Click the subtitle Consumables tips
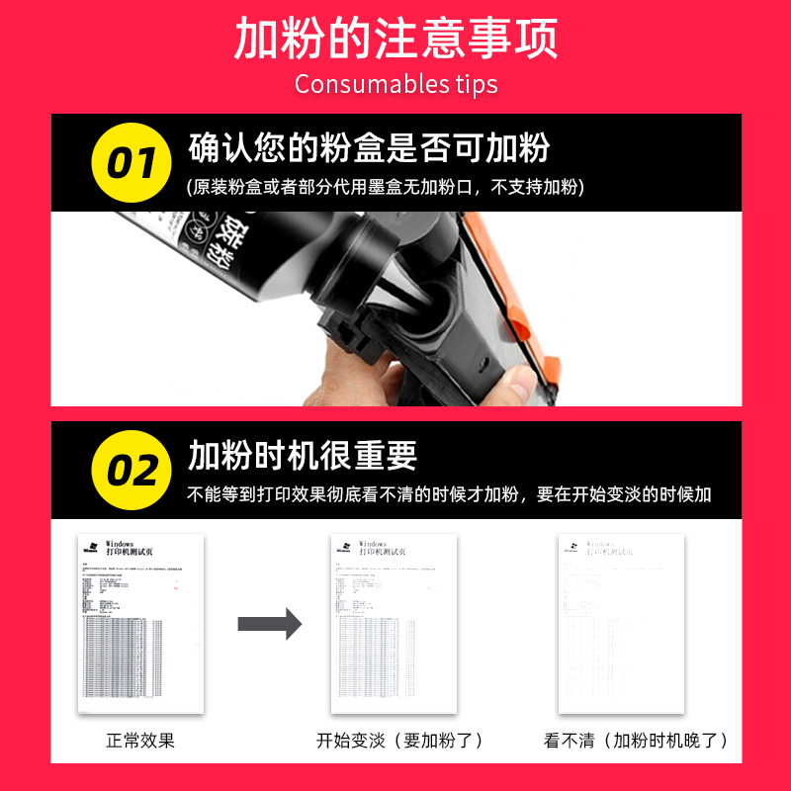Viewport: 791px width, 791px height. pos(395,84)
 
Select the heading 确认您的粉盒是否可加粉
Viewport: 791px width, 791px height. pos(369,148)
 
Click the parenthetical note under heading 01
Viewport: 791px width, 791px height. pos(386,186)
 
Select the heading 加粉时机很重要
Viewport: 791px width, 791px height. pos(303,455)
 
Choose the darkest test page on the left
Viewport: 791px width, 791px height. pos(140,624)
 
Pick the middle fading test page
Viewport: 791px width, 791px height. pos(395,624)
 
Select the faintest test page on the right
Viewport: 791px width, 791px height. pos(621,624)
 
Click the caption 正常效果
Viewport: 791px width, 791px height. pos(140,741)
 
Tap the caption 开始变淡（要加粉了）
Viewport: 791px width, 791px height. pos(399,741)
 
